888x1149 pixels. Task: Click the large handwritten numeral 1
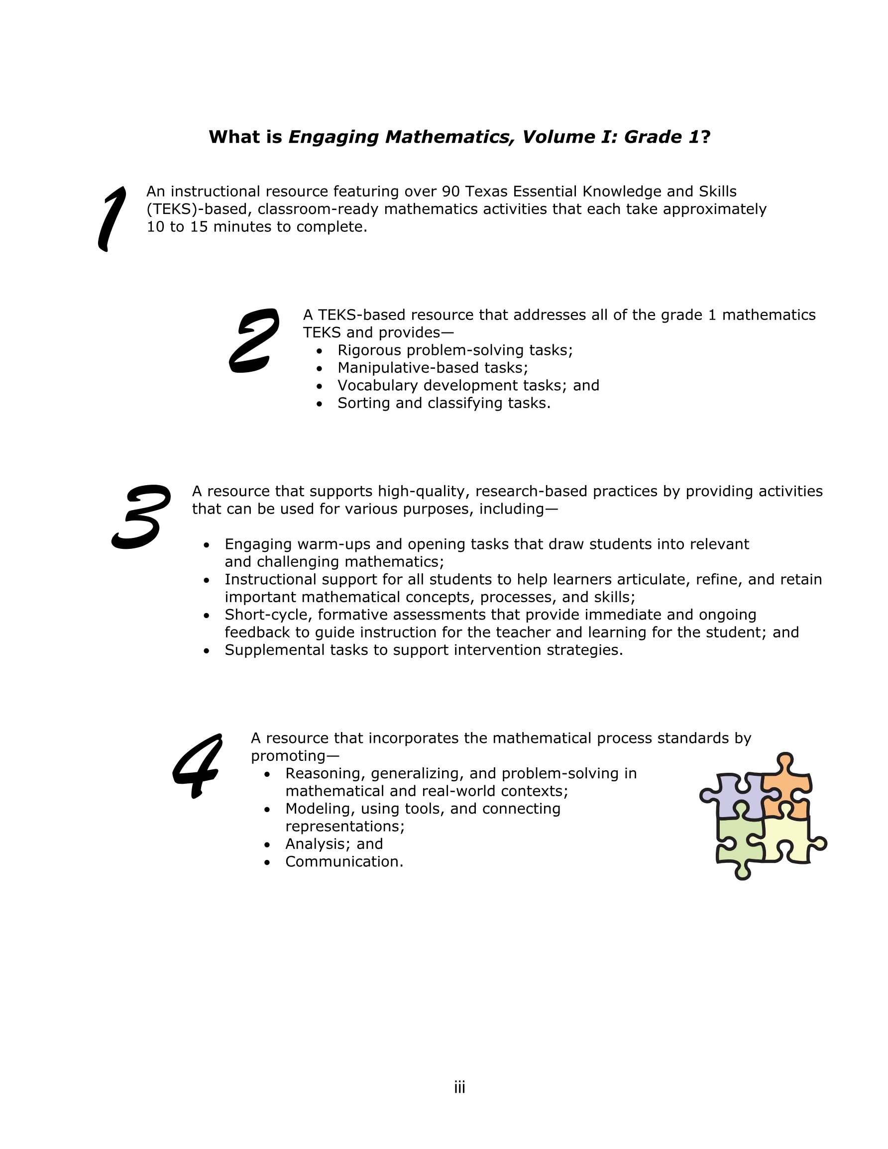click(x=112, y=218)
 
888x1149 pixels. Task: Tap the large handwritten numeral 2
click(x=254, y=340)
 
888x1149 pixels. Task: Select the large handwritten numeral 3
click(x=140, y=517)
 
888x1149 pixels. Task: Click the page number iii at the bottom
click(x=459, y=1087)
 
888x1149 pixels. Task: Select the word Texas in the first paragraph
click(x=487, y=192)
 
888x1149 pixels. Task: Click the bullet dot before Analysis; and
click(x=267, y=845)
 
